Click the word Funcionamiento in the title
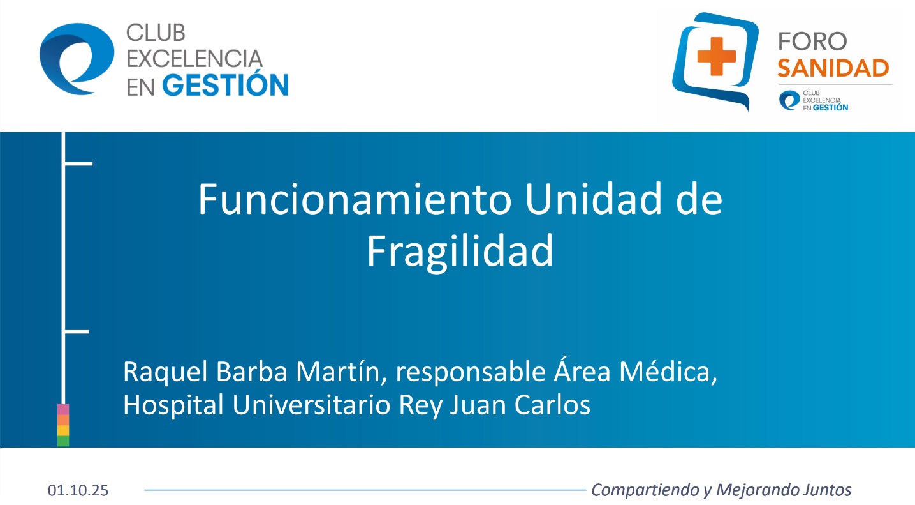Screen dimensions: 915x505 point(355,200)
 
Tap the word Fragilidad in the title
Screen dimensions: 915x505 point(460,251)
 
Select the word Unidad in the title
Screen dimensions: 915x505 point(593,199)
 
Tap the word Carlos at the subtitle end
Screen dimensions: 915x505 point(552,405)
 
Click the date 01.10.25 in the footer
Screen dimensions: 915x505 point(78,490)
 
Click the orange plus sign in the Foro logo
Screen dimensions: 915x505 point(717,56)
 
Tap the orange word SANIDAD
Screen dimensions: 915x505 point(833,68)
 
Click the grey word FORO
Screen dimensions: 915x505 point(812,41)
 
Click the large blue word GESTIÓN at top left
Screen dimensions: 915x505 point(225,85)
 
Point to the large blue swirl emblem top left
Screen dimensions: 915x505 point(77,59)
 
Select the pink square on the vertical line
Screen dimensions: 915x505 point(63,409)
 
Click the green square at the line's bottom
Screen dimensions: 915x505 point(63,441)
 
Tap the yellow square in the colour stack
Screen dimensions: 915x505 point(63,430)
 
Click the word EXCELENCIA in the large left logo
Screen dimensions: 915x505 point(194,59)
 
